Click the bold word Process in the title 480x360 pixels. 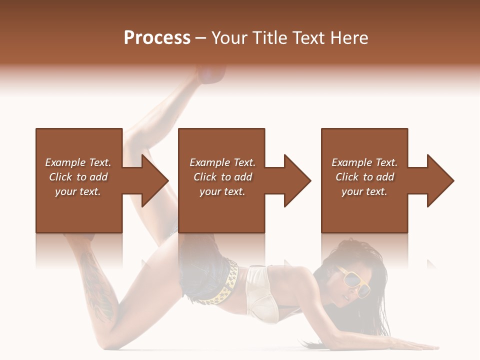[x=157, y=38]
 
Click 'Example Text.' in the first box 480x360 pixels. [x=78, y=162]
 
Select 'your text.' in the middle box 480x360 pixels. [x=222, y=191]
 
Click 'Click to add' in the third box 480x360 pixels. [x=364, y=177]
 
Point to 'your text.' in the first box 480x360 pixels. [x=78, y=191]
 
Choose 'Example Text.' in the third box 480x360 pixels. [x=364, y=162]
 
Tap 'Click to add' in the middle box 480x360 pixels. [x=222, y=177]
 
